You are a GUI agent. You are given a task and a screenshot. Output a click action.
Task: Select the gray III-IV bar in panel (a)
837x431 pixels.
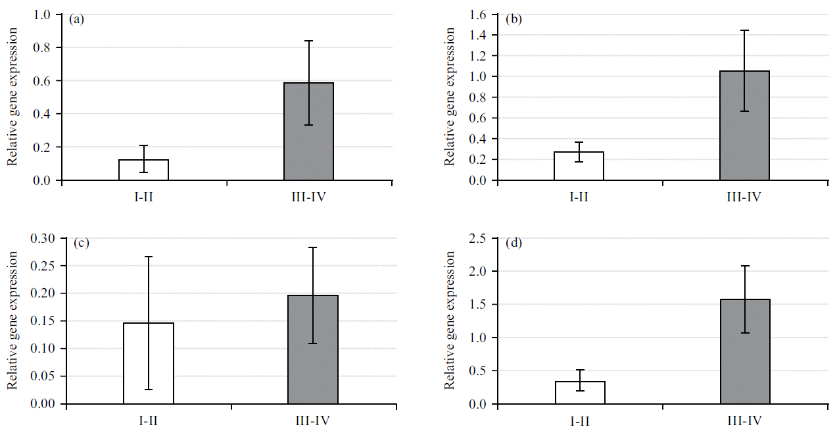308,132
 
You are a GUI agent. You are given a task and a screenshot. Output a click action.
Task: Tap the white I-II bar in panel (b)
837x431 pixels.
579,166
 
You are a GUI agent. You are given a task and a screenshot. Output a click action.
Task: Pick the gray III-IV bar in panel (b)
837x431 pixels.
744,125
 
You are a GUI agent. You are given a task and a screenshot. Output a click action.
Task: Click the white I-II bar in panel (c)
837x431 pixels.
148,363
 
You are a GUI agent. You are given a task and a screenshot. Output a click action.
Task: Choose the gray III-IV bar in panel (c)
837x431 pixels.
313,349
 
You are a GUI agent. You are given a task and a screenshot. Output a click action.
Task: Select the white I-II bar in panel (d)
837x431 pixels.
580,392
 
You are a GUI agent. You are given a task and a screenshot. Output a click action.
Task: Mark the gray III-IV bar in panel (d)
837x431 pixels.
745,351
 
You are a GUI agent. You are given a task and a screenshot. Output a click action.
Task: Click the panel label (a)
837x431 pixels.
77,19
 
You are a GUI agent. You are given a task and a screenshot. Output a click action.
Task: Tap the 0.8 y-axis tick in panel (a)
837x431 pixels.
42,47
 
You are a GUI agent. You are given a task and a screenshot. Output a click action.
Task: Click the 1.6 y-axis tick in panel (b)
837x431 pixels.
479,14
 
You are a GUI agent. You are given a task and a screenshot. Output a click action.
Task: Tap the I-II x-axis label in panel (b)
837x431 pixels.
579,195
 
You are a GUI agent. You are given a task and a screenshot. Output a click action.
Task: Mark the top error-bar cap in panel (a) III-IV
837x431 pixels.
308,41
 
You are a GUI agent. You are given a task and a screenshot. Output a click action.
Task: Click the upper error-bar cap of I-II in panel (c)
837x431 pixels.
148,257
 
